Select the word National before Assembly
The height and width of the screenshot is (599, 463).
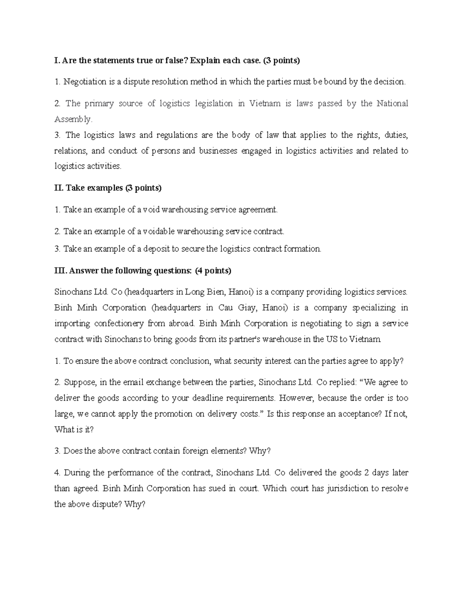392,103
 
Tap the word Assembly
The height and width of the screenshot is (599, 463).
73,119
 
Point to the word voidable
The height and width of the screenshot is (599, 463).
159,231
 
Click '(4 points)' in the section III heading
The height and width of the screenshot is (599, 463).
213,271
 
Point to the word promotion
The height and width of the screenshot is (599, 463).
180,414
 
